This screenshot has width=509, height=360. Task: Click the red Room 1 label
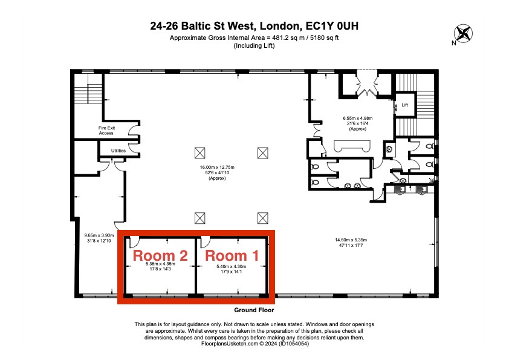tap(233, 255)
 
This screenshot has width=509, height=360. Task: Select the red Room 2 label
tap(160, 255)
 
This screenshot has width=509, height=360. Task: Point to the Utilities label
tap(118, 151)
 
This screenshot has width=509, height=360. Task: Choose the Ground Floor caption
tap(254, 309)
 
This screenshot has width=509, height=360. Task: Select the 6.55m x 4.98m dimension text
tap(357, 119)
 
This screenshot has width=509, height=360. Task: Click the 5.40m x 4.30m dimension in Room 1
tap(233, 267)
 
